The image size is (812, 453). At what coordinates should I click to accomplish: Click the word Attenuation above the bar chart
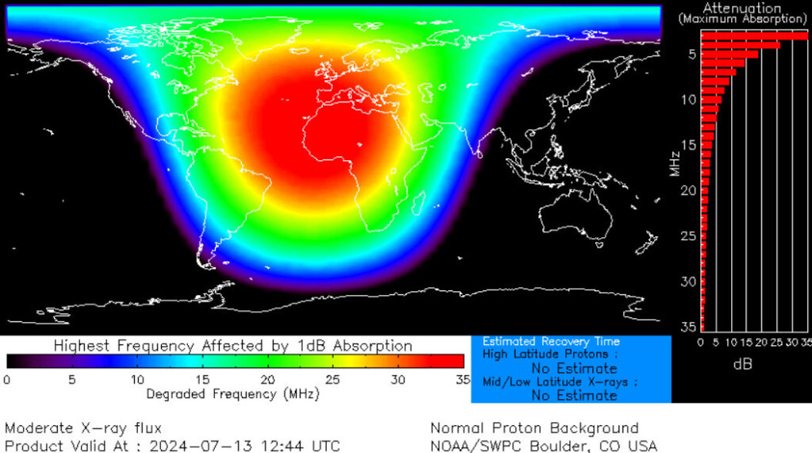(x=741, y=8)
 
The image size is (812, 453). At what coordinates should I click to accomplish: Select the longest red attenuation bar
(x=753, y=35)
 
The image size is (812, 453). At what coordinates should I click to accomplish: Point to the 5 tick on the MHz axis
(x=692, y=54)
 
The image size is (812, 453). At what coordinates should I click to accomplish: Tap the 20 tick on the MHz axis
(x=689, y=190)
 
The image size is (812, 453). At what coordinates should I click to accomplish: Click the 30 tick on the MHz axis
(x=689, y=282)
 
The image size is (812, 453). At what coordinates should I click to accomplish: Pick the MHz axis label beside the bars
(x=673, y=163)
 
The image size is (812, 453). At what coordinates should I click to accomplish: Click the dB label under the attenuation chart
(x=743, y=364)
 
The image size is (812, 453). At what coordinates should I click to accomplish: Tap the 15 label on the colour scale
(x=201, y=379)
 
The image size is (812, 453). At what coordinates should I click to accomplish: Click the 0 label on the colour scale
(x=7, y=379)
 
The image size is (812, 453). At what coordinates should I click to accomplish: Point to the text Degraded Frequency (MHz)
(x=232, y=393)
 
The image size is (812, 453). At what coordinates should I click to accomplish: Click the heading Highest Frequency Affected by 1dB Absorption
(x=232, y=346)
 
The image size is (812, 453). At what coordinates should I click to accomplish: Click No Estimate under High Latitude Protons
(x=574, y=368)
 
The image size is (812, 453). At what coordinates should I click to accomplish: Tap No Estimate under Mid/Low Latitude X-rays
(x=574, y=395)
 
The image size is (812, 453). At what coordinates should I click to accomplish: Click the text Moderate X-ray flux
(x=83, y=428)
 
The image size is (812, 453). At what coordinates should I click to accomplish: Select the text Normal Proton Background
(x=534, y=428)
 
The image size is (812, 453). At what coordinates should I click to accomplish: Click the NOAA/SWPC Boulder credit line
(x=543, y=446)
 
